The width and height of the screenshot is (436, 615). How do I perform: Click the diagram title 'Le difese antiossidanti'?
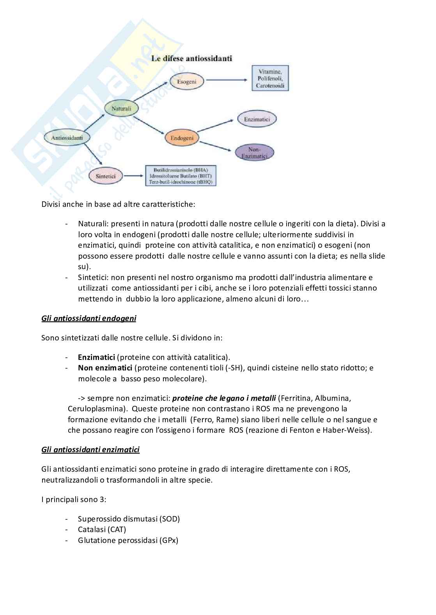191,59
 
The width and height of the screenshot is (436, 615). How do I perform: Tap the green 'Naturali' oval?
121,109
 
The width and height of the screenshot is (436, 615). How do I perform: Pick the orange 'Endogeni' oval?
182,137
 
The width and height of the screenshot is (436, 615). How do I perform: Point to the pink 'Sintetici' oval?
106,176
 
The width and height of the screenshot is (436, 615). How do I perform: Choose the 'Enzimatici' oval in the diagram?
257,119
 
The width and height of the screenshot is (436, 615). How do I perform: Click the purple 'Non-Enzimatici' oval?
254,153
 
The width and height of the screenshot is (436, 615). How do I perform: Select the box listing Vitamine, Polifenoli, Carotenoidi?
270,78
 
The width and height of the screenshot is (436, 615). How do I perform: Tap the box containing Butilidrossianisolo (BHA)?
181,176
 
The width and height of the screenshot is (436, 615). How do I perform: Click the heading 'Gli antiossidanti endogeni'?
89,319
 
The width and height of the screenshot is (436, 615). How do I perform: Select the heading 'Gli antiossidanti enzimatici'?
90,450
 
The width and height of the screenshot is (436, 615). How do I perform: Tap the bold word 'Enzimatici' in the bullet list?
96,357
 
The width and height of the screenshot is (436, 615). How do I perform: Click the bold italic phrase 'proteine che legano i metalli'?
224,398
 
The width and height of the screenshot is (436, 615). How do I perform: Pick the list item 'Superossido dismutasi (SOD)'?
129,519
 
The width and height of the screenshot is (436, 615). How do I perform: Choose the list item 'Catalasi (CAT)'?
102,529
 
